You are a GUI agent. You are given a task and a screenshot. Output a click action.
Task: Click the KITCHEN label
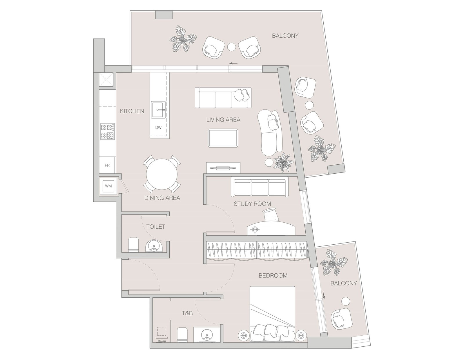tap(132, 111)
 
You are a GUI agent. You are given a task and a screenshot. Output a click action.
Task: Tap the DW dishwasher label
tap(158, 128)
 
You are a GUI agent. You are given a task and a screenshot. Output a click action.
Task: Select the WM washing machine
tap(108, 186)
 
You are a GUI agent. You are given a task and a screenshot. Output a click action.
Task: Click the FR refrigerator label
tap(107, 165)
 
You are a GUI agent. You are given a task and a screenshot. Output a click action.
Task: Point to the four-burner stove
tap(107, 132)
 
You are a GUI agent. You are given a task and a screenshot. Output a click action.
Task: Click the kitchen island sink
tap(158, 110)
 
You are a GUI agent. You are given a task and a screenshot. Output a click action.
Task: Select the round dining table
tap(162, 174)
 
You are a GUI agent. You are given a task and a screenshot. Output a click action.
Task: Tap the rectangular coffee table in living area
tap(223, 138)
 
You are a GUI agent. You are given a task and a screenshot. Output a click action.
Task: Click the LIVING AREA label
tap(223, 120)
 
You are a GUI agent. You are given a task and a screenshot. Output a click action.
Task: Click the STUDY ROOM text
tap(252, 204)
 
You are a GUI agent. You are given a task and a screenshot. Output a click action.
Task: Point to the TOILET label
tap(156, 227)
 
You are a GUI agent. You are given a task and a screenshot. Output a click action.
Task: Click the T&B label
tap(187, 313)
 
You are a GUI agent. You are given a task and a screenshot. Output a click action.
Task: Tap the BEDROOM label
tap(273, 275)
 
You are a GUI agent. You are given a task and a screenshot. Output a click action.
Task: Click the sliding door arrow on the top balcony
tap(233, 63)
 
